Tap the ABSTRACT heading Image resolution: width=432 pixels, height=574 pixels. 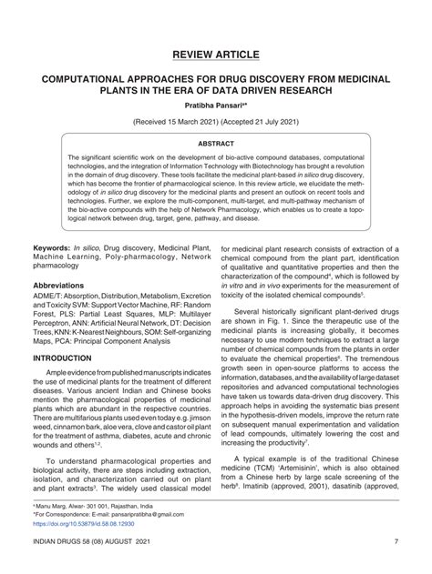coord(216,144)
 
